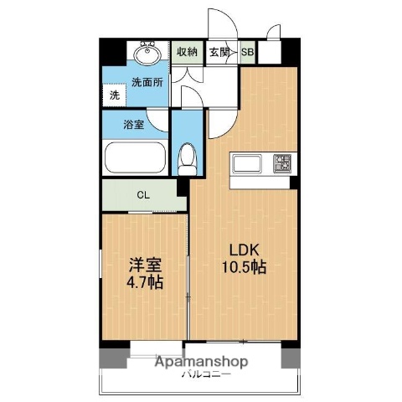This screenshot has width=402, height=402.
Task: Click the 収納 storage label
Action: pyautogui.click(x=187, y=51)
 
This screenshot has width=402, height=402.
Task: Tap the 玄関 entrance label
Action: pyautogui.click(x=220, y=51)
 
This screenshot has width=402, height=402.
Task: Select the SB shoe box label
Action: pyautogui.click(x=248, y=51)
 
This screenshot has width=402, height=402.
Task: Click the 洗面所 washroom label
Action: pyautogui.click(x=147, y=82)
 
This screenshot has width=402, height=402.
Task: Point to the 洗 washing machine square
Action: pyautogui.click(x=115, y=95)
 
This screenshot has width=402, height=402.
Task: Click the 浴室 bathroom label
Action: pyautogui.click(x=134, y=126)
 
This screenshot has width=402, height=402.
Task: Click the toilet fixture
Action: pyautogui.click(x=188, y=156)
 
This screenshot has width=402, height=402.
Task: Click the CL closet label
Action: pyautogui.click(x=143, y=196)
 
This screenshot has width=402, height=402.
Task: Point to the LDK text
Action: pyautogui.click(x=244, y=249)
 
